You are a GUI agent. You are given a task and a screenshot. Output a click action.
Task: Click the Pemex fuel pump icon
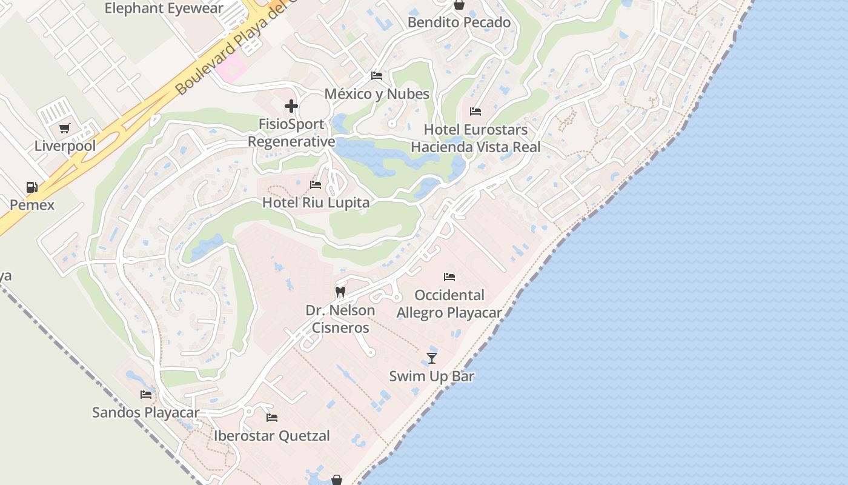[31, 187]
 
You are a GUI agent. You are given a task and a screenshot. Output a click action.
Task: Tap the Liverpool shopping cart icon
[65, 129]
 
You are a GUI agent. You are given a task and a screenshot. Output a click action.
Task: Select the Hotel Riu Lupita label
[316, 202]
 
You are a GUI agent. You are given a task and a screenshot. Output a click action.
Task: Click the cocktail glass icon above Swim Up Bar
[432, 358]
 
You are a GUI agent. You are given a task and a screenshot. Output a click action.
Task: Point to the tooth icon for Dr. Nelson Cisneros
[340, 292]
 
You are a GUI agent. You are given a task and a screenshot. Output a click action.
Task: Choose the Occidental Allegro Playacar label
[449, 304]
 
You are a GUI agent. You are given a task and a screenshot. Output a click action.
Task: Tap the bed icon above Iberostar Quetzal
[272, 418]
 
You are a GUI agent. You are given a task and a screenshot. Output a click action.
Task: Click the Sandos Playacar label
[145, 412]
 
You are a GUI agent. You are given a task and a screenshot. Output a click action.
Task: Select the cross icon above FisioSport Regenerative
[291, 107]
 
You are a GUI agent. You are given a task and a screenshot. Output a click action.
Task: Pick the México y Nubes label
[377, 94]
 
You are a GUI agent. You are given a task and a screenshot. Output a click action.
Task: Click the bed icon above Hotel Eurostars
[475, 112]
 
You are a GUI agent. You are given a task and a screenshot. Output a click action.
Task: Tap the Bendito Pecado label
[459, 22]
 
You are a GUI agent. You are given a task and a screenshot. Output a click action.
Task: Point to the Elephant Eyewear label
[164, 8]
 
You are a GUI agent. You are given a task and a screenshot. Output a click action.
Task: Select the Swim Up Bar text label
[431, 376]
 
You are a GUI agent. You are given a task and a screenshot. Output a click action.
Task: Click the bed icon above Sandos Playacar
[146, 395]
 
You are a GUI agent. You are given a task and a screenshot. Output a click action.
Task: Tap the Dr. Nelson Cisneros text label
[340, 319]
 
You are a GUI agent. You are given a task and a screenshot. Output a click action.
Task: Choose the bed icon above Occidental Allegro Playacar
[449, 277]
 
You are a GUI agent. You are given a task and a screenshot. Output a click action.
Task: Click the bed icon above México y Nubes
[377, 76]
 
